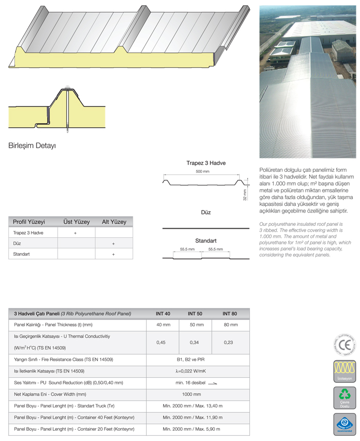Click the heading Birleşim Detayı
click(32, 145)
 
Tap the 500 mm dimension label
click(203, 171)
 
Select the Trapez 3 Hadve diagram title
click(206, 163)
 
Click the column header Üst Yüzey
click(76, 222)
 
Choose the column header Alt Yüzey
click(114, 222)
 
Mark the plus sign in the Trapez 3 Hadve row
click(76, 233)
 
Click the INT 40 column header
click(163, 313)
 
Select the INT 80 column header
click(230, 313)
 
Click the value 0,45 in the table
click(163, 342)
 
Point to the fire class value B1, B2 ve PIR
click(198, 359)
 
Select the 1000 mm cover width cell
click(198, 394)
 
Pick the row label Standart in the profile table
click(22, 254)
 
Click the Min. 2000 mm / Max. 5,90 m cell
click(198, 428)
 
